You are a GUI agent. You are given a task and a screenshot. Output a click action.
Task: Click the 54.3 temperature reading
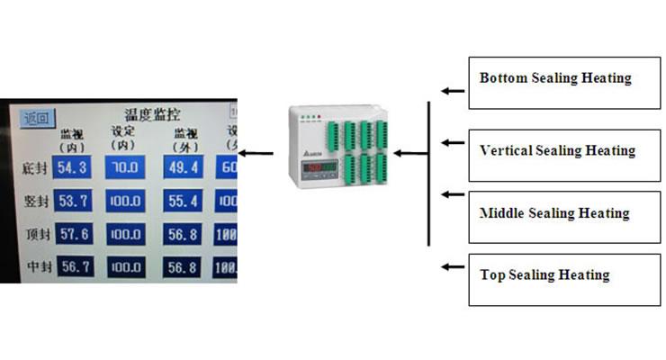click(70, 167)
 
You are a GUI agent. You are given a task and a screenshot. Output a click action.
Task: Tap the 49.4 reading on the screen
click(181, 167)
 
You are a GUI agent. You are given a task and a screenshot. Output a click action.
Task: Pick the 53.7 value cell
click(70, 201)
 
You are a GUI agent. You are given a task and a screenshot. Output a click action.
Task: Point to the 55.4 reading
click(181, 201)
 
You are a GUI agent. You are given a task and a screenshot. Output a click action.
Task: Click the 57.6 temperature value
click(70, 233)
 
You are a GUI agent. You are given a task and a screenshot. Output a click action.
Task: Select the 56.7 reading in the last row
click(70, 266)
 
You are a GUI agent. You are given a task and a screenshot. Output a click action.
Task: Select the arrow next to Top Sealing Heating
click(449, 266)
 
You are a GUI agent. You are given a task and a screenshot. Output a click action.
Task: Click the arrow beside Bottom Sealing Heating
click(449, 91)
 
